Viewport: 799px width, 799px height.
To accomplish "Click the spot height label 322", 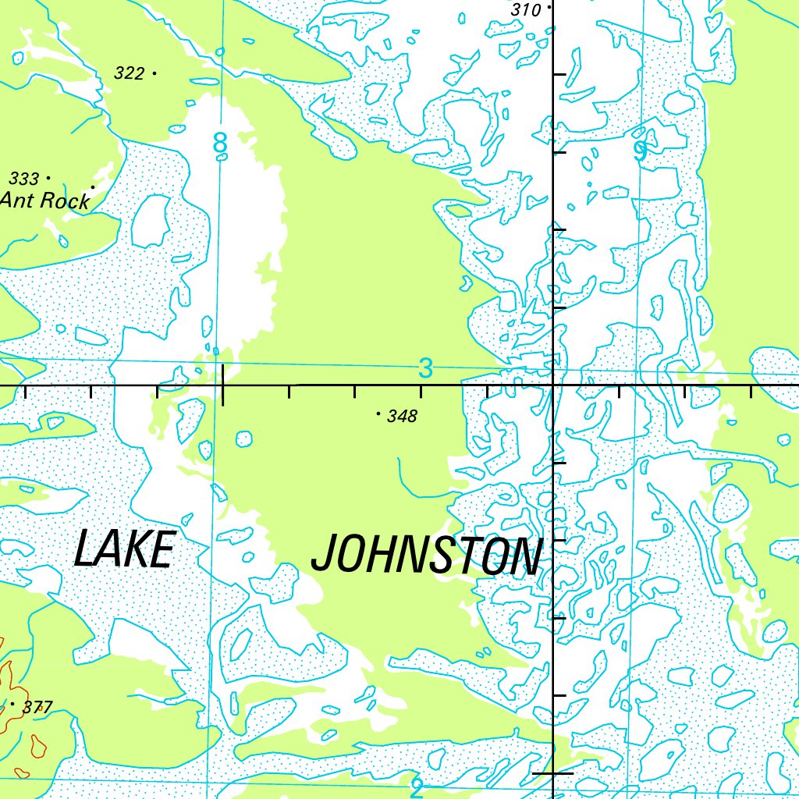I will (129, 73).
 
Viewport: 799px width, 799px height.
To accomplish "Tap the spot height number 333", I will (24, 179).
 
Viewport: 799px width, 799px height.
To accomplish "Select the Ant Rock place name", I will (45, 201).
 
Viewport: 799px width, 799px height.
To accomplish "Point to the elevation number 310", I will (526, 10).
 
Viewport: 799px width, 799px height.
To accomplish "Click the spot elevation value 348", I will (402, 417).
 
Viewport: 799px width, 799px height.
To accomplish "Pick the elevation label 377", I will (37, 708).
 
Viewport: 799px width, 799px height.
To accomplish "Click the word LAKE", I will (123, 549).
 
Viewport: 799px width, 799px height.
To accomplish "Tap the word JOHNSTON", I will (425, 556).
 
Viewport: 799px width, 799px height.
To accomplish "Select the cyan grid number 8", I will (221, 144).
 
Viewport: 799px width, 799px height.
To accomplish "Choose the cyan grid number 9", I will (640, 151).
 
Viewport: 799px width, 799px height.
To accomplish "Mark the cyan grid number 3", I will (424, 368).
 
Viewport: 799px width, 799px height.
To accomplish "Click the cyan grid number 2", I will (417, 788).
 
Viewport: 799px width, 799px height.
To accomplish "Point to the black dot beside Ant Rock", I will (93, 187).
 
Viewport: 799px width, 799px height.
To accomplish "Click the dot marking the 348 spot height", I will (379, 414).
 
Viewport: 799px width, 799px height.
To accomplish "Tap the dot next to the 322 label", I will (154, 73).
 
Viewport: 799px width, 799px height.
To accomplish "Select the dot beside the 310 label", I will (550, 7).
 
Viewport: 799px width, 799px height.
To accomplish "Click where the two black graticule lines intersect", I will (553, 385).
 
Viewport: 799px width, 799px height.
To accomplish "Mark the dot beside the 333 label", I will (48, 178).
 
